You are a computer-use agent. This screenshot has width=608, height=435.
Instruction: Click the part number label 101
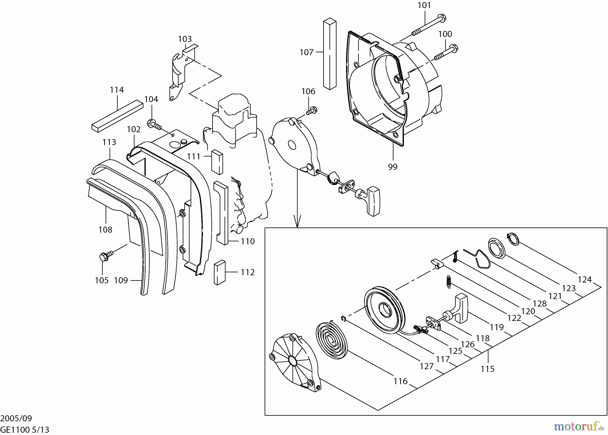424,5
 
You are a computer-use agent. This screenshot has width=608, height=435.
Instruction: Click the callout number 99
392,167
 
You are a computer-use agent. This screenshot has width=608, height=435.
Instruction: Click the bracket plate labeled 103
178,71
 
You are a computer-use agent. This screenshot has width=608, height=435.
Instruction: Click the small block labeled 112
220,272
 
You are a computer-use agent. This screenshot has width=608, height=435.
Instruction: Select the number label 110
248,242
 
